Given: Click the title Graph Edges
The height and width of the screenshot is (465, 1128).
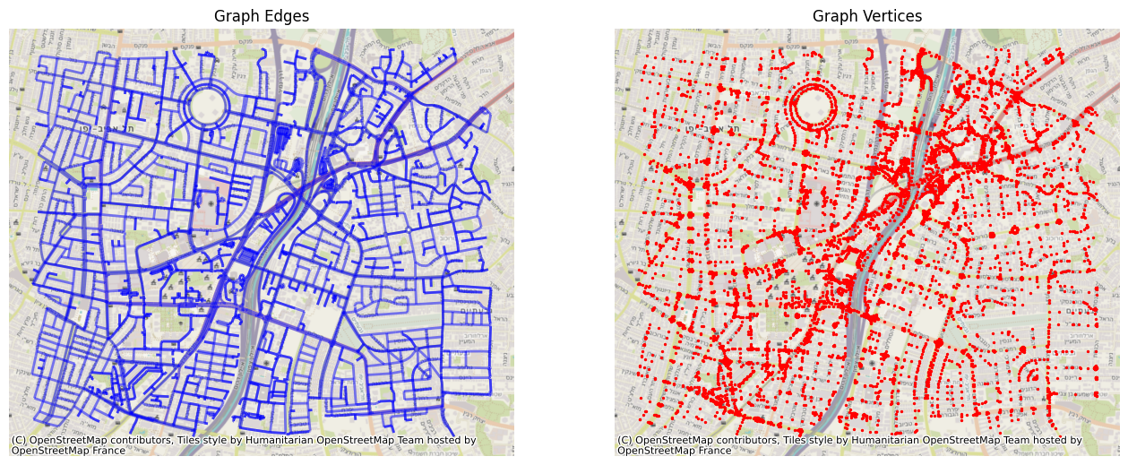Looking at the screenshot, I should [262, 16].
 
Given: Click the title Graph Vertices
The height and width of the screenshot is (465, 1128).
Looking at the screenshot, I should [867, 16].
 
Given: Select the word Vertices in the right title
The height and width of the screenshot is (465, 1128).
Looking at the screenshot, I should [890, 16].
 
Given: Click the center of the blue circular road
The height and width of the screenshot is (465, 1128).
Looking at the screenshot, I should [208, 106].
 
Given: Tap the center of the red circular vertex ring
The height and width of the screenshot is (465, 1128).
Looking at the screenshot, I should [814, 106].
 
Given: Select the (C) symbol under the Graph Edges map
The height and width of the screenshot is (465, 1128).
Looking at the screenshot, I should [19, 440].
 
